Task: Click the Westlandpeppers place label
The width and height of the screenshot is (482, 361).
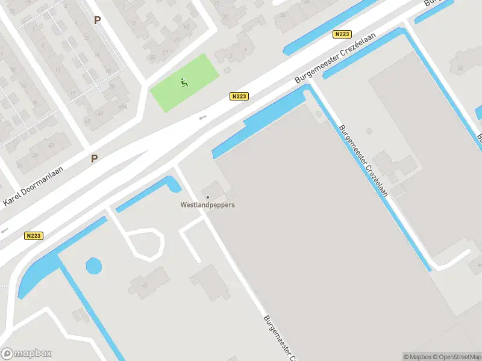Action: (x=208, y=205)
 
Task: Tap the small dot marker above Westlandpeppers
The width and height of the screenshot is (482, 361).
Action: (x=208, y=197)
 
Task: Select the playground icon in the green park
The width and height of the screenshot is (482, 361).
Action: (x=184, y=82)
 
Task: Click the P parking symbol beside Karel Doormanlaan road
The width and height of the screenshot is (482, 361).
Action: (x=94, y=158)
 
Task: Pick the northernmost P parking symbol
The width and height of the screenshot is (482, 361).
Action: (x=97, y=20)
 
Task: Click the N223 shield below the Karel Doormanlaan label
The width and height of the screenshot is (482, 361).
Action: (x=34, y=236)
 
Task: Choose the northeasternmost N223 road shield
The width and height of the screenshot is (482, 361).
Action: (x=342, y=34)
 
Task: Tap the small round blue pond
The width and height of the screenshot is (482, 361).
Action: (x=93, y=265)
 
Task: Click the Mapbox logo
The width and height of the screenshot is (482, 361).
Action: (x=27, y=354)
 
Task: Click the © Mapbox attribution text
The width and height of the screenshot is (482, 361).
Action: (x=418, y=357)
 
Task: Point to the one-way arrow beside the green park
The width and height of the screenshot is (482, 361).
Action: (x=203, y=117)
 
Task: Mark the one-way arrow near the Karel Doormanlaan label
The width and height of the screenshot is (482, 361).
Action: (x=5, y=230)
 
